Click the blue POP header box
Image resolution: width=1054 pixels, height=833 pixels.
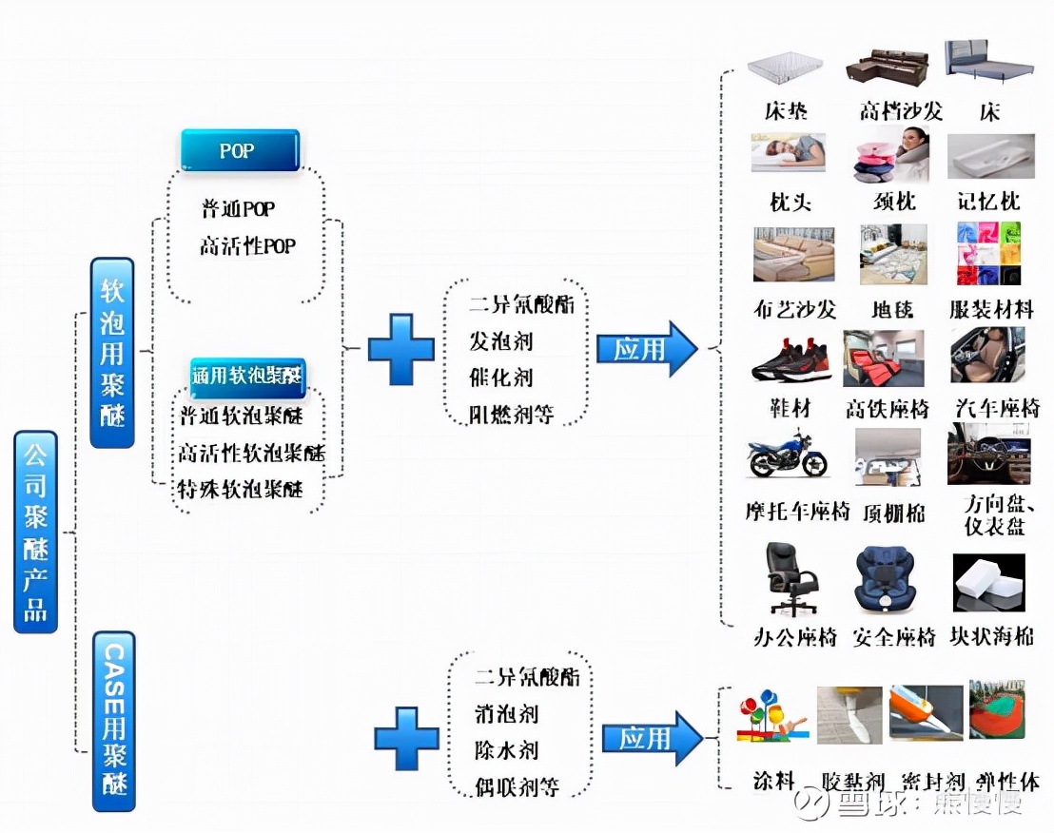coord(240,151)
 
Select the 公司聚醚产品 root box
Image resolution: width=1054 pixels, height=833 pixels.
coord(36,532)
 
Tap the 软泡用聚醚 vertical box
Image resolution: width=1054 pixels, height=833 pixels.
coord(112,353)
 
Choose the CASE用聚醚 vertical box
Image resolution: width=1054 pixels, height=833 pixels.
coord(114,720)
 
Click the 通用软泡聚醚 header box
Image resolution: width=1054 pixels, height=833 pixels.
coord(246,374)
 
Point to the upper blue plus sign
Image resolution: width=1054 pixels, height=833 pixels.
coord(400,349)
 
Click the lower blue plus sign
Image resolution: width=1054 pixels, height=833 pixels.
coord(406,738)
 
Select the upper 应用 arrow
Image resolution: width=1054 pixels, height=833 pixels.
coord(646,349)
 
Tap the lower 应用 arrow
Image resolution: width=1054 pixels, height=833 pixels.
coord(652,738)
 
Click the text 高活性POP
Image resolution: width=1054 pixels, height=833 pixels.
coord(247,246)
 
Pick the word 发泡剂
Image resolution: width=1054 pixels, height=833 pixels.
coord(500,340)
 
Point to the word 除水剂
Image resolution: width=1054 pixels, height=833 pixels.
coord(506,750)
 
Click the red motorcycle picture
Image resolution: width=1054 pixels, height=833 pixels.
coord(787,455)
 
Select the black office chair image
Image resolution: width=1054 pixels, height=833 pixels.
coord(791,578)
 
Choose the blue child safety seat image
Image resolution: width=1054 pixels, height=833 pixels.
coord(886,578)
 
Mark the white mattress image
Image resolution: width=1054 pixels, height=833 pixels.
coord(786,68)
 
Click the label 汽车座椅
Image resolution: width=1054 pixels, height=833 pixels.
coord(996,409)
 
